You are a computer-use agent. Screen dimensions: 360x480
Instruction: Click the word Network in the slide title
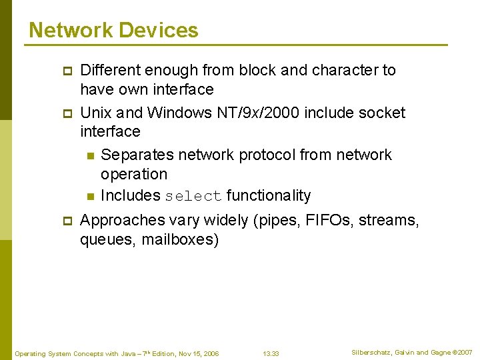coord(71,30)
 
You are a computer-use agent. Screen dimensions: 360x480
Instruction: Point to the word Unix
coord(95,112)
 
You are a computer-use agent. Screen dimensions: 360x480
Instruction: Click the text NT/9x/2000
coord(259,112)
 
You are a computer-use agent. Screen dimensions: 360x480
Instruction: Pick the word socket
coord(381,112)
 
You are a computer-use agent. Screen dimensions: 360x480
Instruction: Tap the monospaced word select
coord(193,196)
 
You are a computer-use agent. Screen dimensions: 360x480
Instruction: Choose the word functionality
coord(269,195)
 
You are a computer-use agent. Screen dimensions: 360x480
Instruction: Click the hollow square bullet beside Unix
coord(67,113)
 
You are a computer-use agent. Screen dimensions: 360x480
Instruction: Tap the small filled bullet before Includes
coord(89,197)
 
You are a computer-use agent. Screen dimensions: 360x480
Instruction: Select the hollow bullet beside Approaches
coord(67,221)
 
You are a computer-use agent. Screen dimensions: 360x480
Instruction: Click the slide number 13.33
coord(271,353)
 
